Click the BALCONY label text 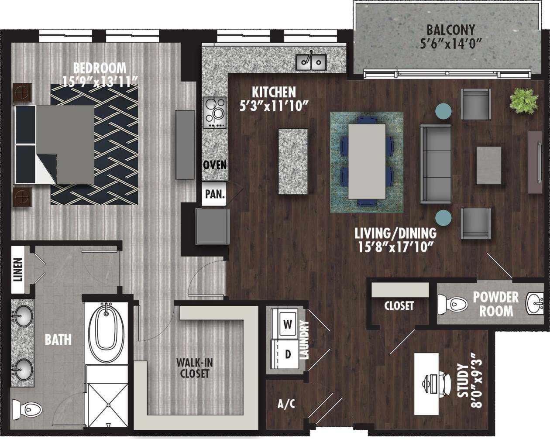click(x=450, y=30)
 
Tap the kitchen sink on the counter click(x=311, y=62)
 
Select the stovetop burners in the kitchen click(x=215, y=112)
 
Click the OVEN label click(x=215, y=165)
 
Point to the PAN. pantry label click(x=215, y=194)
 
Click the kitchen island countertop click(x=293, y=161)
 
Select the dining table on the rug click(x=367, y=161)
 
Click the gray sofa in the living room click(x=435, y=164)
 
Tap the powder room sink click(x=535, y=302)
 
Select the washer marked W click(x=286, y=324)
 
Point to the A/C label click(x=286, y=404)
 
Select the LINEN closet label click(x=18, y=270)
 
